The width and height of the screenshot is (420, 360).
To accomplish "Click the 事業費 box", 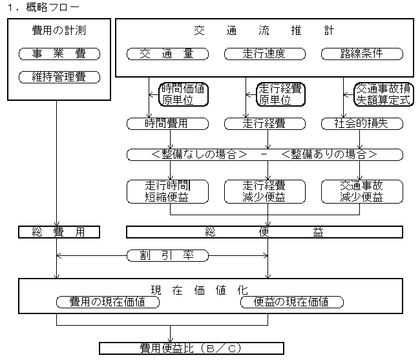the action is [x=59, y=54].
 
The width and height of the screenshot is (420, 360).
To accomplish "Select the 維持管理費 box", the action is [x=59, y=77].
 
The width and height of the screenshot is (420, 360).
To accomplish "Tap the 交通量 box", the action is [x=167, y=54].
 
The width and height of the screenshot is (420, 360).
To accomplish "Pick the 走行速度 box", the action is [x=265, y=54].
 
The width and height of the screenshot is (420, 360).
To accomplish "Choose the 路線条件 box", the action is [x=362, y=54].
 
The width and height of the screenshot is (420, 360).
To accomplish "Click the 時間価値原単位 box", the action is [x=184, y=94].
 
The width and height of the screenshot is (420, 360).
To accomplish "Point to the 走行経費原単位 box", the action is [x=280, y=94].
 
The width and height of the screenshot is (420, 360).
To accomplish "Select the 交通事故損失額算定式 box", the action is [x=384, y=94].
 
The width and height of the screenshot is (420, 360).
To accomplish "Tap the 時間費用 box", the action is [x=167, y=123].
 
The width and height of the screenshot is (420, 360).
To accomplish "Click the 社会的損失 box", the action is [x=362, y=123].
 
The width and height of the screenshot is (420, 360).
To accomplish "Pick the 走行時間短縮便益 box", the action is [x=167, y=191].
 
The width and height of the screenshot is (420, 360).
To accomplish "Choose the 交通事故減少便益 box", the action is [x=362, y=191].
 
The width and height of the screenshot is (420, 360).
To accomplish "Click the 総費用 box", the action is [x=59, y=232].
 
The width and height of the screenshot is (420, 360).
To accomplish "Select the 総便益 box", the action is [x=265, y=232].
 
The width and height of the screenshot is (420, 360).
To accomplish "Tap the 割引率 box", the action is [x=167, y=255].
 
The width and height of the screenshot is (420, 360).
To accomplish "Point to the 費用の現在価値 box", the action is [x=108, y=302].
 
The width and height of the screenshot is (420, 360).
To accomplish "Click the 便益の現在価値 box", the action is [x=291, y=302].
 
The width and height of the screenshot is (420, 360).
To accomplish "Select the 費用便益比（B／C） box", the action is [x=191, y=348].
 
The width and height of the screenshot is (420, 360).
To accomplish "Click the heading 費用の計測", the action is [x=59, y=30].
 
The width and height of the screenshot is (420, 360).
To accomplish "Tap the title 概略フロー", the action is [x=53, y=7].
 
